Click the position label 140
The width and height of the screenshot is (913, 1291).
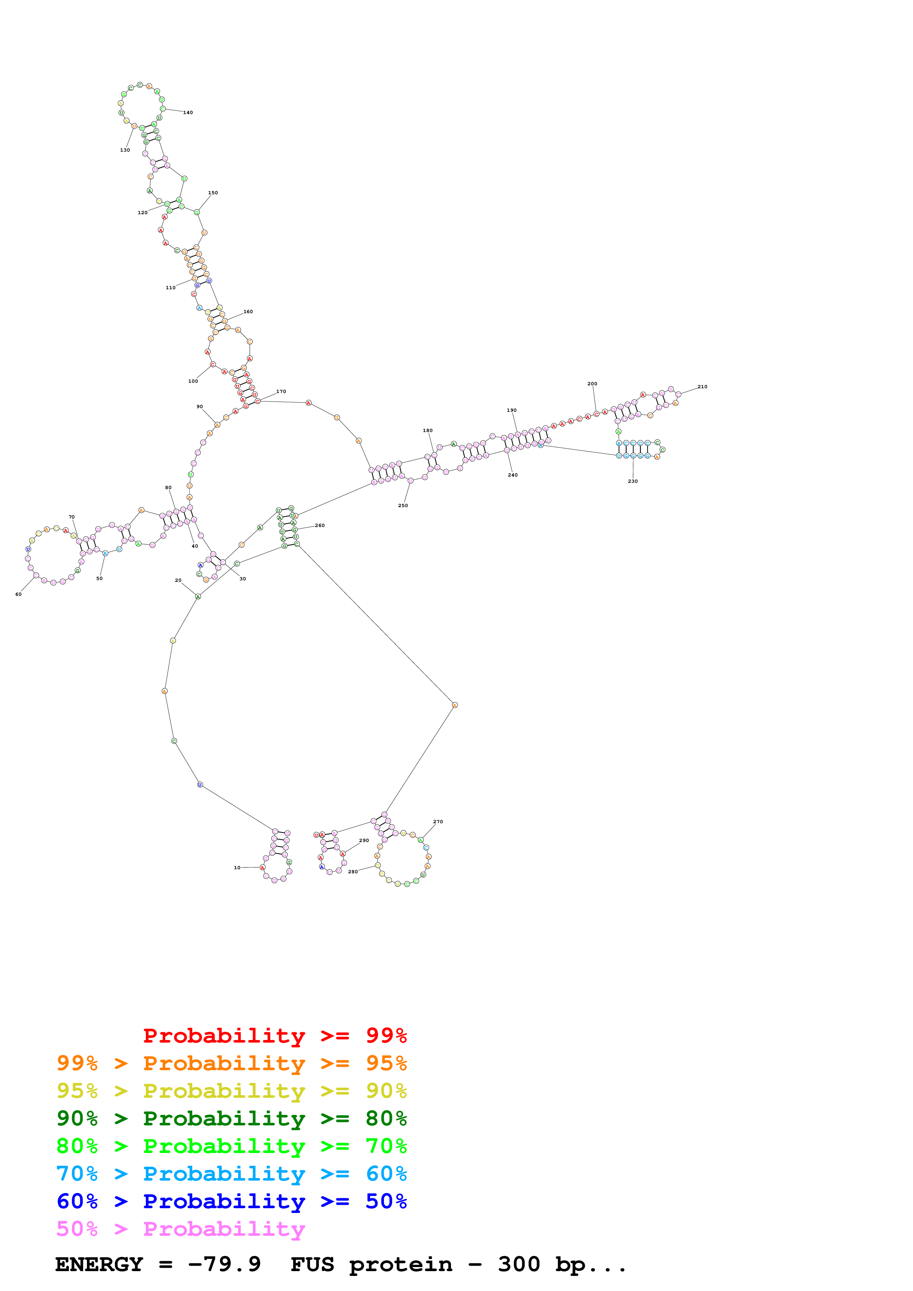coord(188,113)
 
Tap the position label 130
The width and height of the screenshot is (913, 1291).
coord(125,150)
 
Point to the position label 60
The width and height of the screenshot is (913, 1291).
coord(18,594)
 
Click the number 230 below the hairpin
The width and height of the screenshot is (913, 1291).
coord(633,481)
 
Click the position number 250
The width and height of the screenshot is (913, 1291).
coord(403,506)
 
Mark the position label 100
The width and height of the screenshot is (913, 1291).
coord(193,381)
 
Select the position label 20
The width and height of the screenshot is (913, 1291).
coord(178,580)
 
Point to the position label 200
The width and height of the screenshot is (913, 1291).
coord(592,384)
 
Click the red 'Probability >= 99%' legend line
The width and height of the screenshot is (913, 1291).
coord(274,1035)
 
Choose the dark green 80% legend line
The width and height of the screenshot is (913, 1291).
coord(231,1118)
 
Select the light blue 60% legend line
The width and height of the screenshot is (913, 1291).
coord(231,1174)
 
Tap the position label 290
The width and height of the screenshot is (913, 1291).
coord(364,841)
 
